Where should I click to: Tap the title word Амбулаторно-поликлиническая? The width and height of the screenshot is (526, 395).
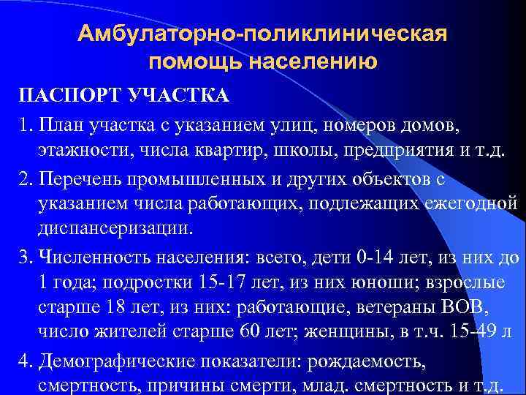[x=262, y=34]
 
